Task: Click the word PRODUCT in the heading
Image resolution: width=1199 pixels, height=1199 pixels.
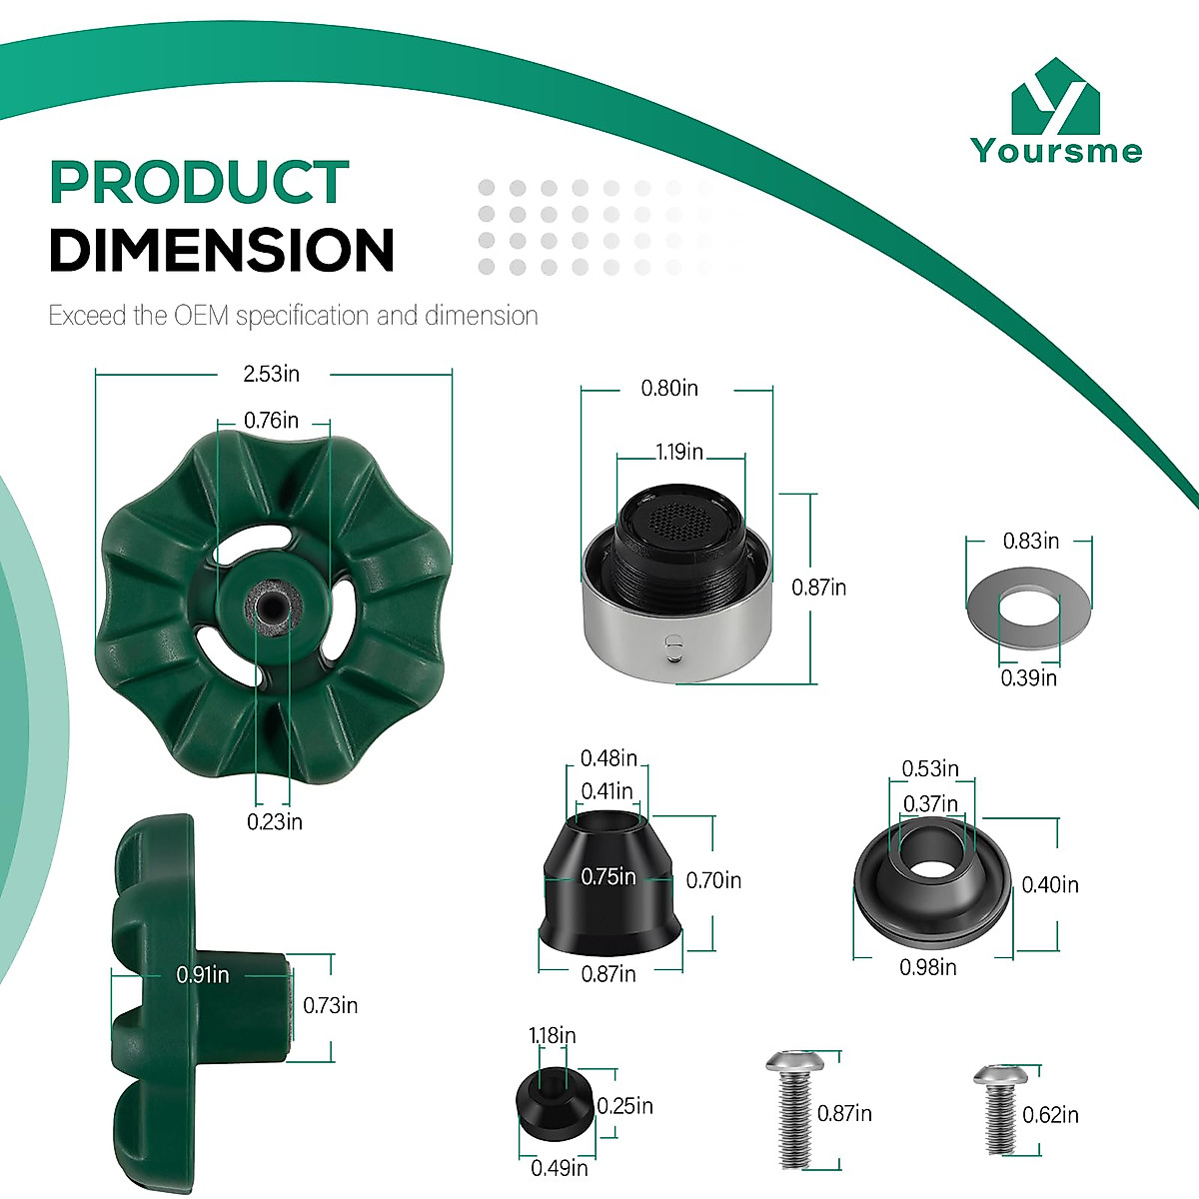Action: tap(199, 183)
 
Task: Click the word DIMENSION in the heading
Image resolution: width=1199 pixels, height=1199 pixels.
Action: tap(221, 250)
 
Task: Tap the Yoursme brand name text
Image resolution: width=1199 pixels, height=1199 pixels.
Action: tap(1056, 151)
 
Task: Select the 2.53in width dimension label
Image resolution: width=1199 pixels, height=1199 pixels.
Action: tap(272, 374)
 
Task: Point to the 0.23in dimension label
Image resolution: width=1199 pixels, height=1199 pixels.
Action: tap(275, 821)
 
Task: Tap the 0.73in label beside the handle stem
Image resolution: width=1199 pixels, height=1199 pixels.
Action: tap(330, 1005)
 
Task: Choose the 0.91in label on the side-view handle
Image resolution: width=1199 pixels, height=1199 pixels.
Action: tap(203, 974)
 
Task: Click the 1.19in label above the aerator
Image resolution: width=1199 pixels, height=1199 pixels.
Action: tap(679, 452)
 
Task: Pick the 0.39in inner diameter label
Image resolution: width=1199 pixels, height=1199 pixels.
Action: tap(1029, 678)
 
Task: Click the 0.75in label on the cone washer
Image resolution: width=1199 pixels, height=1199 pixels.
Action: tap(608, 877)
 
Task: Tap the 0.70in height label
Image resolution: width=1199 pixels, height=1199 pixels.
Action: tap(713, 880)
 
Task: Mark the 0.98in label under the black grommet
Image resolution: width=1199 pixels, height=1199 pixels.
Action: tap(927, 967)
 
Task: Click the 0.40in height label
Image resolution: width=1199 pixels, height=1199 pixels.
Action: tap(1050, 884)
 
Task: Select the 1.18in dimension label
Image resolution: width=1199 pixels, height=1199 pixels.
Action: tap(552, 1036)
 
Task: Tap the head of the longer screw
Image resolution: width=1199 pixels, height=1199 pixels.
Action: tap(788, 1062)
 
